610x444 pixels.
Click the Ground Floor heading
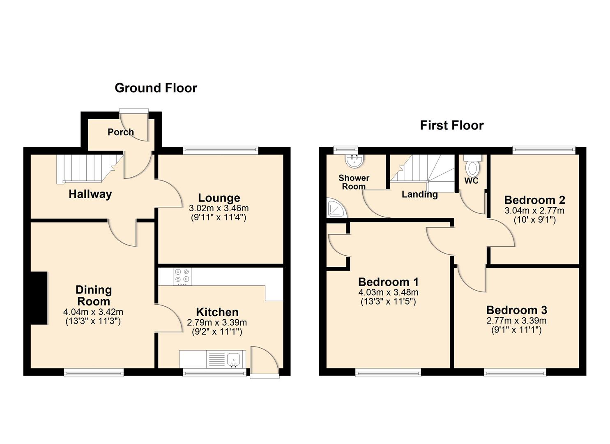156,88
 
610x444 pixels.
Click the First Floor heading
451,125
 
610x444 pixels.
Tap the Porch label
121,132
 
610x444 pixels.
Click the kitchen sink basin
234,359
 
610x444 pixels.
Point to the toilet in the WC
473,167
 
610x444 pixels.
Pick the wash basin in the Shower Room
354,161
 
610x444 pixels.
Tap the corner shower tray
336,209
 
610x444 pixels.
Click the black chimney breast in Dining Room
39,298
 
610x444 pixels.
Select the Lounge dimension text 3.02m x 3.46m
219,208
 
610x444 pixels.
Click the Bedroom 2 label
534,200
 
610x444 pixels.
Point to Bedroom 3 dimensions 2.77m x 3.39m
516,321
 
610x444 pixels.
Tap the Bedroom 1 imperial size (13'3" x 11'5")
388,301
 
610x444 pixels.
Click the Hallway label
90,194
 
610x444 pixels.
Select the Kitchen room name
217,312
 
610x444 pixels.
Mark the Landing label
419,194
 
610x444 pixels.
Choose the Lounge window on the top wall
221,150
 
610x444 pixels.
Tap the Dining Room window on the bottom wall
94,372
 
